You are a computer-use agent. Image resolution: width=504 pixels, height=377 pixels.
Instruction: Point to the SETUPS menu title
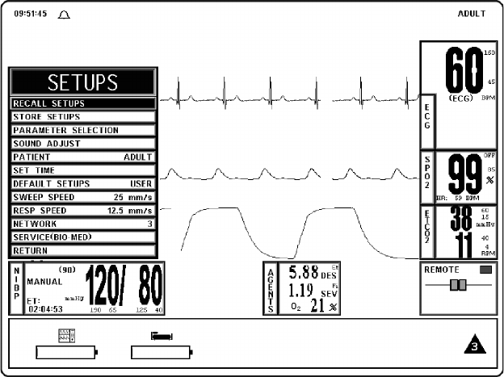pyautogui.click(x=82, y=82)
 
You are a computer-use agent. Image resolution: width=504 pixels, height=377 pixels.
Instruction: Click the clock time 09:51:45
pyautogui.click(x=30, y=15)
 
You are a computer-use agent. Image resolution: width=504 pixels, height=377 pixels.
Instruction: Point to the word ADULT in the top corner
pyautogui.click(x=472, y=15)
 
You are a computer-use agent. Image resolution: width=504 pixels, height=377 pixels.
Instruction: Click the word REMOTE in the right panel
pyautogui.click(x=442, y=270)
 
